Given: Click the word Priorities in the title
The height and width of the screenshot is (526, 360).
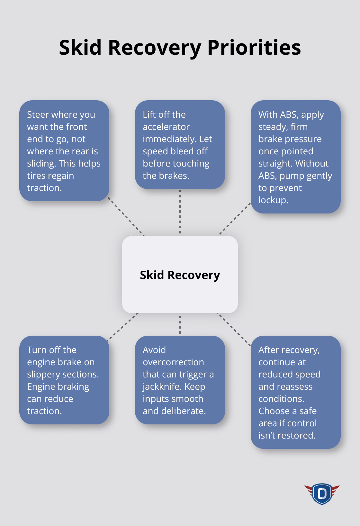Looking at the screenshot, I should pos(254,48).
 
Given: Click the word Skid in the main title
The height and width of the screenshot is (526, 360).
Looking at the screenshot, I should pos(80,48).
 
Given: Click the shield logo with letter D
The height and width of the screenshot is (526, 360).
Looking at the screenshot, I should pos(322,494).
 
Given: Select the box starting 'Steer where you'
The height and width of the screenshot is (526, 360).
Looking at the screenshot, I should pos(64,151).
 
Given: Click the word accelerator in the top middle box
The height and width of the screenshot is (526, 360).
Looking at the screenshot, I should pos(166,127).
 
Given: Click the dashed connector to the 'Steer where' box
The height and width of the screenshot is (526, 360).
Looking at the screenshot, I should pos(126,216).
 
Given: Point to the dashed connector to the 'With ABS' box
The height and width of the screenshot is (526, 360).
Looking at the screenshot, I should pos(235,219).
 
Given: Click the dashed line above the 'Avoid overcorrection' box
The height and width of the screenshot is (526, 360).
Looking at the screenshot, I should pos(180,325).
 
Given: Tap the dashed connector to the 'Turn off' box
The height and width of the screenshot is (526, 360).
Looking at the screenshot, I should pos(122,326).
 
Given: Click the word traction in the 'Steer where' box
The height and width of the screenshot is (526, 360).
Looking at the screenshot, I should pos(44,188).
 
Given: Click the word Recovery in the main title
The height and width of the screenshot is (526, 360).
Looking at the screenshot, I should pos(154,48).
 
